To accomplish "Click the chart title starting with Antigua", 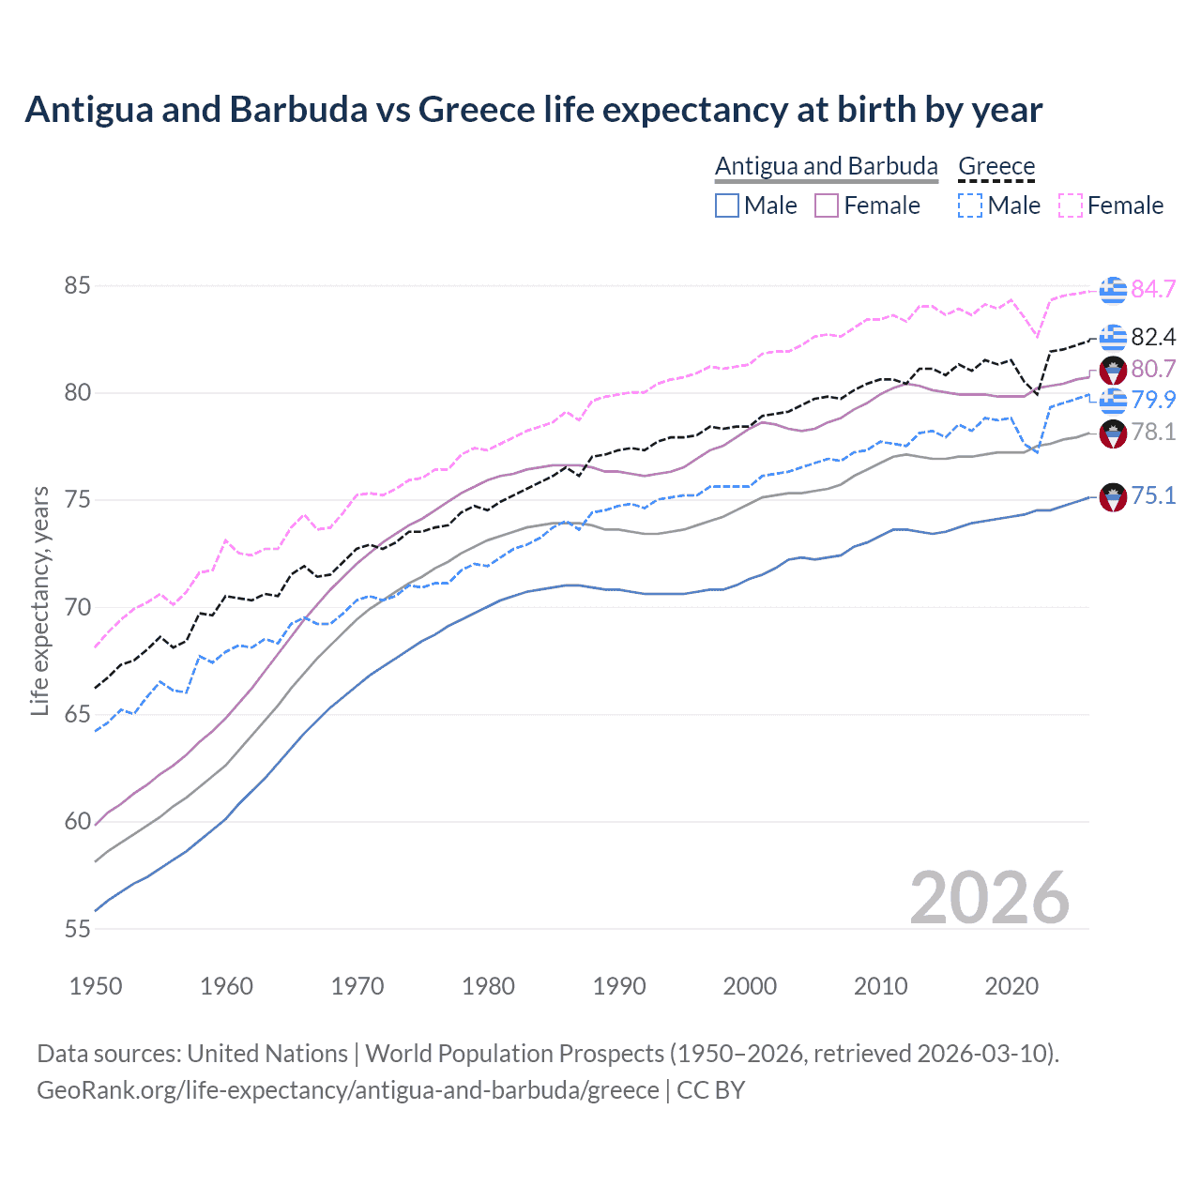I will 533,110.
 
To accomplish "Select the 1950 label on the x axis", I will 96,986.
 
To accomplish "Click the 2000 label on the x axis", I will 750,986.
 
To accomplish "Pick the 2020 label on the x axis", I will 1011,986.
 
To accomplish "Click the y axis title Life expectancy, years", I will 39,600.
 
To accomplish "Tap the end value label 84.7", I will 1153,289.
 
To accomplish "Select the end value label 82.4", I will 1153,337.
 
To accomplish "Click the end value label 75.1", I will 1153,495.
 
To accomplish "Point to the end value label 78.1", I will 1153,432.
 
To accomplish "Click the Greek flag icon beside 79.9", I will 1113,401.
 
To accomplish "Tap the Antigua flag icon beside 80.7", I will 1113,370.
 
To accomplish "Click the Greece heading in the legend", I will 996,166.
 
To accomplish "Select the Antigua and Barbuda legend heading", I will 827,166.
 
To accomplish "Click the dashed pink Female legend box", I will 1071,205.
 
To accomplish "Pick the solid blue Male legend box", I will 727,205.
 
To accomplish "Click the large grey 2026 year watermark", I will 990,898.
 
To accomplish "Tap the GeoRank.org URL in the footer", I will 348,1090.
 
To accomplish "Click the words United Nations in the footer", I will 267,1054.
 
